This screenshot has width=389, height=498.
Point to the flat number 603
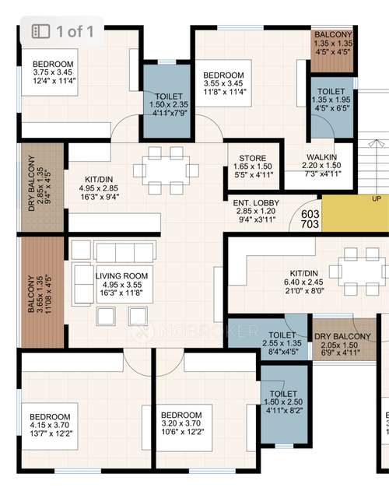[310, 214]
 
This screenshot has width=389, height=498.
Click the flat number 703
[310, 224]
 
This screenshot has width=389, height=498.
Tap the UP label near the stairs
[376, 198]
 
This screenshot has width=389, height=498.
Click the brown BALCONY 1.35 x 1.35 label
[333, 35]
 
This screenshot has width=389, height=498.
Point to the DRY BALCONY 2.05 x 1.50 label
[342, 336]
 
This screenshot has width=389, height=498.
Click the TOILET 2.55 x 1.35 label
[265, 335]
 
